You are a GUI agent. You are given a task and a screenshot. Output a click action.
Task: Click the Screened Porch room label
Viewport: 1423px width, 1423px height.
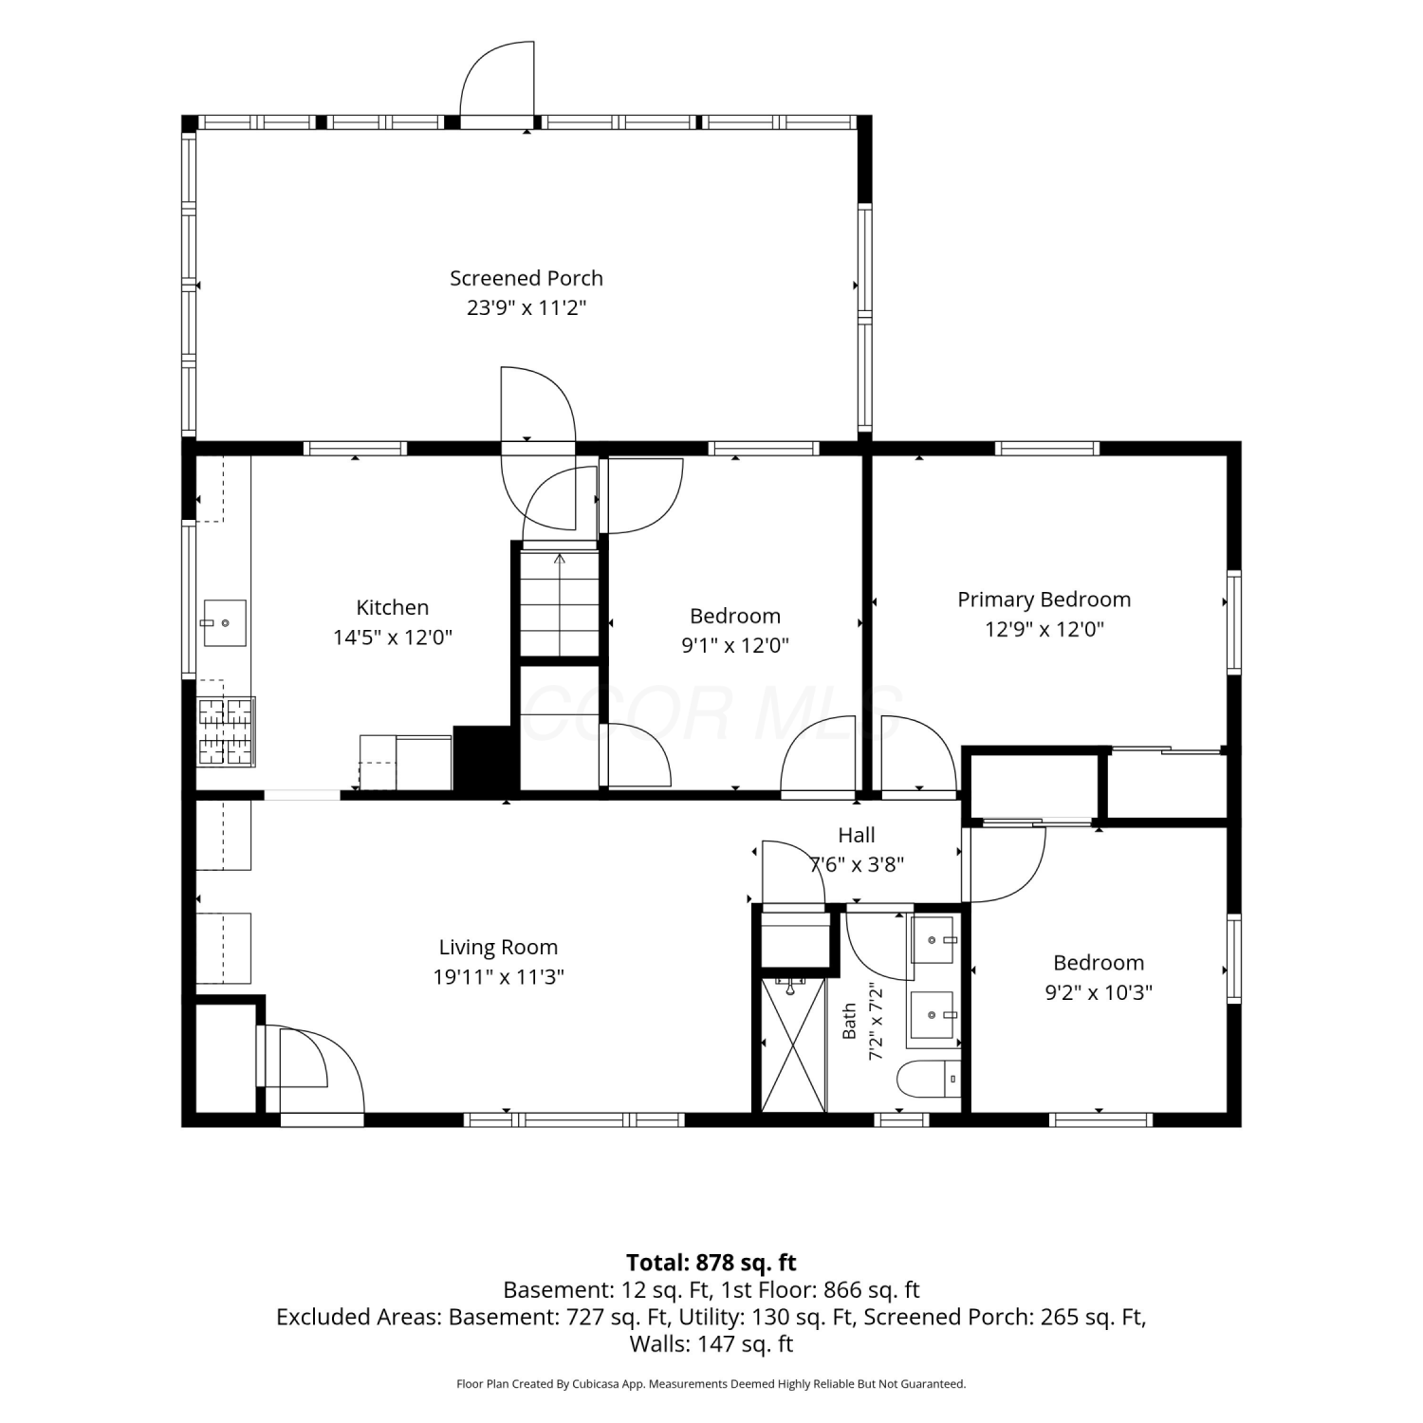click(x=527, y=278)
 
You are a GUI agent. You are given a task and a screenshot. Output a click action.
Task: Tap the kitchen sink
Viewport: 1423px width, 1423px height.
click(x=224, y=623)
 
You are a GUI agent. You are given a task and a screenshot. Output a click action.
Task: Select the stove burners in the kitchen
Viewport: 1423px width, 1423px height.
click(x=226, y=731)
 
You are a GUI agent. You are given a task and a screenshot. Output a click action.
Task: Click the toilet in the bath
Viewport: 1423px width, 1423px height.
click(x=928, y=1079)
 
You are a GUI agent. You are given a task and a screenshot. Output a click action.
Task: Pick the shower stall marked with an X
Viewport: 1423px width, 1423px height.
click(x=793, y=1044)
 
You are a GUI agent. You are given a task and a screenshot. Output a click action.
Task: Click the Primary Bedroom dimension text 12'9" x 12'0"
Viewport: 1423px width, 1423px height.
click(x=1044, y=629)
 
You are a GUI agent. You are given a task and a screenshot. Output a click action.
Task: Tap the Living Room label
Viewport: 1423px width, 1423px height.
click(x=498, y=947)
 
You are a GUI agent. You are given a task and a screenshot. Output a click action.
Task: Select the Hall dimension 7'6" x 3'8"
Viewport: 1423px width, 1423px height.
click(x=857, y=864)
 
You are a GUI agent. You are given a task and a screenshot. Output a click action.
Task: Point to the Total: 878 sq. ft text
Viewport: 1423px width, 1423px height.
click(x=711, y=1263)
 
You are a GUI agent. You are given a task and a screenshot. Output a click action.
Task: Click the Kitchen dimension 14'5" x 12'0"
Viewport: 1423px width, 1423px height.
click(x=393, y=637)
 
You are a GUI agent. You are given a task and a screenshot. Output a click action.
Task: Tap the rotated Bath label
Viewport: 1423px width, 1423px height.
click(x=850, y=1021)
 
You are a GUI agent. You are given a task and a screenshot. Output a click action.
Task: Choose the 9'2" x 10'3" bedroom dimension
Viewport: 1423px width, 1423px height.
click(x=1099, y=992)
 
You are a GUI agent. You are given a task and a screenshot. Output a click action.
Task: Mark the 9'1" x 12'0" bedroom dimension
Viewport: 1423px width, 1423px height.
click(x=735, y=645)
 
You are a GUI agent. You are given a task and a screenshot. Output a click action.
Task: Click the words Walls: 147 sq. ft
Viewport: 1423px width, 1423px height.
click(x=711, y=1343)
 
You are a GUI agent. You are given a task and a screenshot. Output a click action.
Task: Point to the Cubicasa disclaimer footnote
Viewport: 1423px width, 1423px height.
click(x=711, y=1384)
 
